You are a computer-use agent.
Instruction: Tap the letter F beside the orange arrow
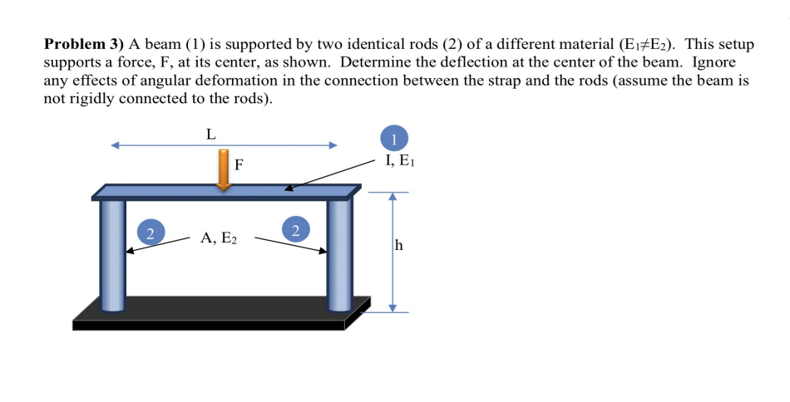[239, 164]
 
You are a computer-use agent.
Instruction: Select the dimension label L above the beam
[211, 132]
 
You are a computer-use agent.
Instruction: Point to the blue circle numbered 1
[394, 138]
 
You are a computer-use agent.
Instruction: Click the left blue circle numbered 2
[150, 232]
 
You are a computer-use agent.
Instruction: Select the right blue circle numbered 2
[295, 229]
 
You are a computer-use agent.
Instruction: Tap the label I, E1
[399, 161]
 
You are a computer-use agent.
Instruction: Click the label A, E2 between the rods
[219, 238]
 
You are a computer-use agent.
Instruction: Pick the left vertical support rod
[112, 253]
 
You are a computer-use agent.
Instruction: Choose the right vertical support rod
[339, 253]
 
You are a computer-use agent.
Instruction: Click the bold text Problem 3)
[84, 43]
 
